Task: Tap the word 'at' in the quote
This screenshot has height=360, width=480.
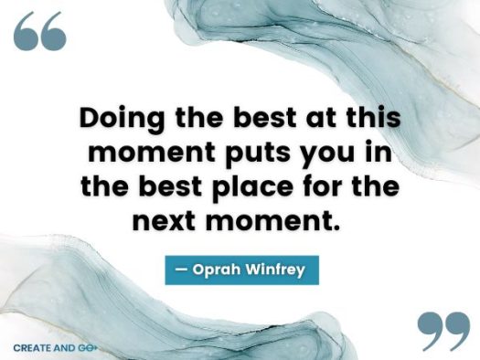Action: point(315,119)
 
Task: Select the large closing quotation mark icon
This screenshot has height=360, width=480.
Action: point(442,330)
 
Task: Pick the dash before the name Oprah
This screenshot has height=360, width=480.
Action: point(180,270)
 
